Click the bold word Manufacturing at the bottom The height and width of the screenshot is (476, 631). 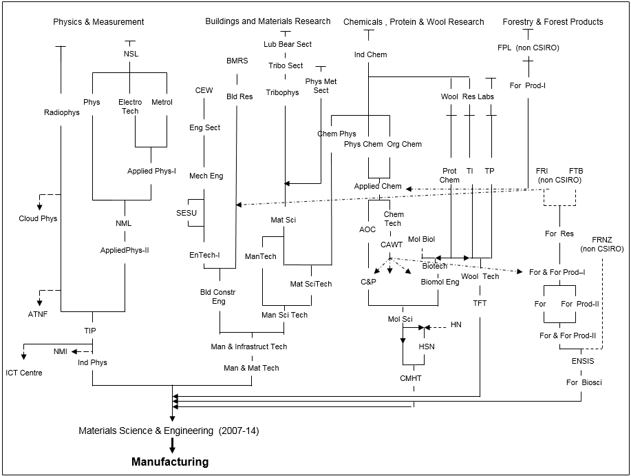coord(170,462)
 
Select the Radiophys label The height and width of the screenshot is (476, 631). coord(62,112)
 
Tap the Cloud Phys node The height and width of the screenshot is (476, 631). coord(38,218)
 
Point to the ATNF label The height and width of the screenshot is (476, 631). coord(38,314)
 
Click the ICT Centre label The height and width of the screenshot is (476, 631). coord(24,373)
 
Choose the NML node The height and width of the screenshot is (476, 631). coord(124,223)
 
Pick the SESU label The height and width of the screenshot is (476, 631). coord(186,213)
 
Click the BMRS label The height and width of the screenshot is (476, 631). coord(237,61)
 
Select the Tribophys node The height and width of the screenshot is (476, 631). coord(283,92)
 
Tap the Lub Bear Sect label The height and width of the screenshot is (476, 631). coord(288,44)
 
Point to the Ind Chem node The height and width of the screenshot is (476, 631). coord(371,54)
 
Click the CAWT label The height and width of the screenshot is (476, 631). coord(392,245)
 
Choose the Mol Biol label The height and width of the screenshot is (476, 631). coord(421,239)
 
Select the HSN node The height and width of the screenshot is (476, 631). coord(427,346)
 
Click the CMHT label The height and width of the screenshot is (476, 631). coord(411,377)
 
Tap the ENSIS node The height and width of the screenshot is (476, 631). coord(582,361)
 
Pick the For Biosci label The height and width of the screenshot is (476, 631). coord(584,382)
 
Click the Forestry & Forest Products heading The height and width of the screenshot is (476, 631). coord(553,21)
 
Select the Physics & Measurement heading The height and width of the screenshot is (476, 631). coord(98,22)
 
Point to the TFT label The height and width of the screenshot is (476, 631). coord(480,302)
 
